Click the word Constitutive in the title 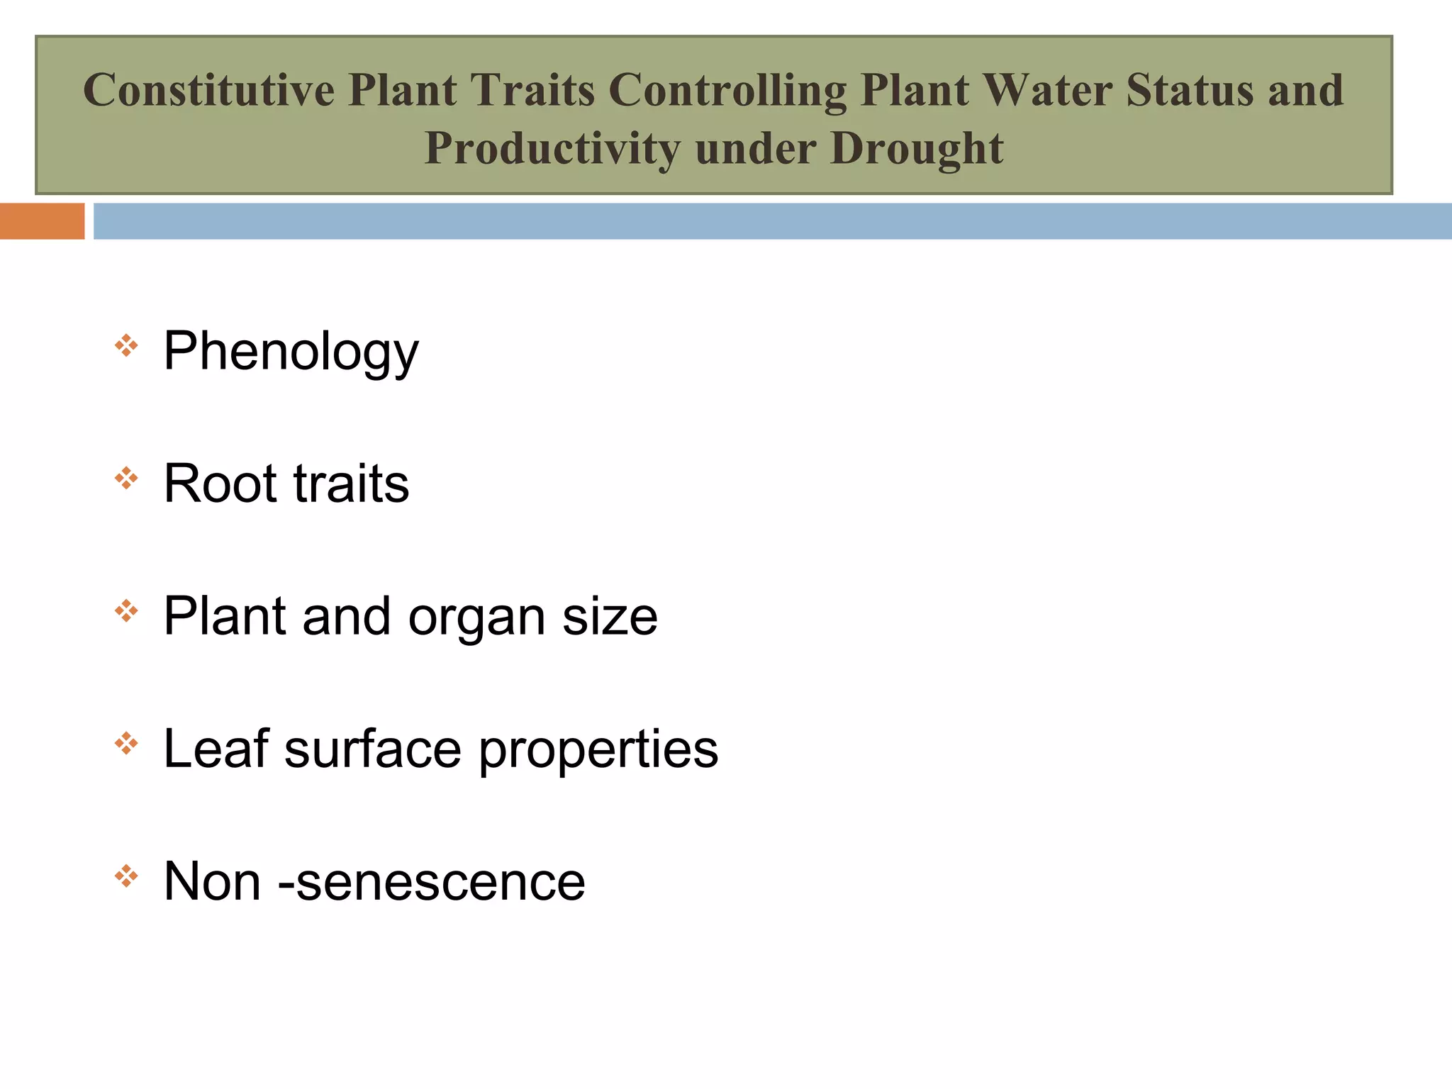click(208, 90)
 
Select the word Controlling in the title click(727, 91)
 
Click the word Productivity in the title click(552, 149)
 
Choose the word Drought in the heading click(917, 149)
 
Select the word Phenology click(291, 352)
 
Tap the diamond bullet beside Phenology click(126, 345)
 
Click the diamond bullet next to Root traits click(126, 478)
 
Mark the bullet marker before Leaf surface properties click(126, 743)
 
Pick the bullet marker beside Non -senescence click(126, 876)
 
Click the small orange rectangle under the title click(42, 221)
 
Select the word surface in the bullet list click(373, 749)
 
